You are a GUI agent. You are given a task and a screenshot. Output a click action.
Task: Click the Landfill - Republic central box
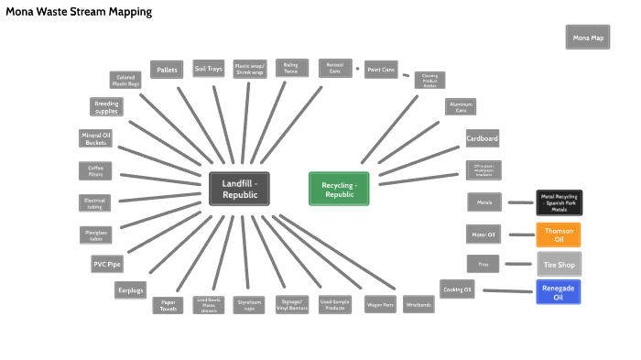239,188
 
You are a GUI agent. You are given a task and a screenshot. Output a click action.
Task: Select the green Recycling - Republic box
339,189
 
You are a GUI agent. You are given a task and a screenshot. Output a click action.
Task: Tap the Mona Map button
588,38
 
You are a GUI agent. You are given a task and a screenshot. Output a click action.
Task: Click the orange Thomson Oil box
559,235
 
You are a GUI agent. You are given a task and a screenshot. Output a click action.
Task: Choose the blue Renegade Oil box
559,291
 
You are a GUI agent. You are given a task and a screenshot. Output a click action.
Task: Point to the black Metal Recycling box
559,202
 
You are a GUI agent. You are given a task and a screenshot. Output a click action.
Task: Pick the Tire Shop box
559,264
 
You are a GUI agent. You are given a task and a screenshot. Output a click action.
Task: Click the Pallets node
167,70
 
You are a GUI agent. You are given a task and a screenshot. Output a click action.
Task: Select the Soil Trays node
207,70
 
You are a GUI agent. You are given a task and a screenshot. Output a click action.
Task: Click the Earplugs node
131,289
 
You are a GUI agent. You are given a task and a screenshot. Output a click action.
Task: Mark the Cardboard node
482,138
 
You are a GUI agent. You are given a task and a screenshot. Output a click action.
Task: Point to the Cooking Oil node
457,289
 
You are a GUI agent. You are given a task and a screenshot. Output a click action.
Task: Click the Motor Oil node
483,235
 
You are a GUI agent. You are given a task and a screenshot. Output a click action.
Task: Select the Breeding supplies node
106,107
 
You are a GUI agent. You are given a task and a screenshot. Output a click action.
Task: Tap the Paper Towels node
168,304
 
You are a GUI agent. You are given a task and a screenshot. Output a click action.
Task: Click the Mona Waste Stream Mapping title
80,12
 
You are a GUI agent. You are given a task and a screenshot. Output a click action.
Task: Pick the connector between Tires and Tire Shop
519,264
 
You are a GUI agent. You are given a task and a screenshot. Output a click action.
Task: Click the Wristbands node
418,304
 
